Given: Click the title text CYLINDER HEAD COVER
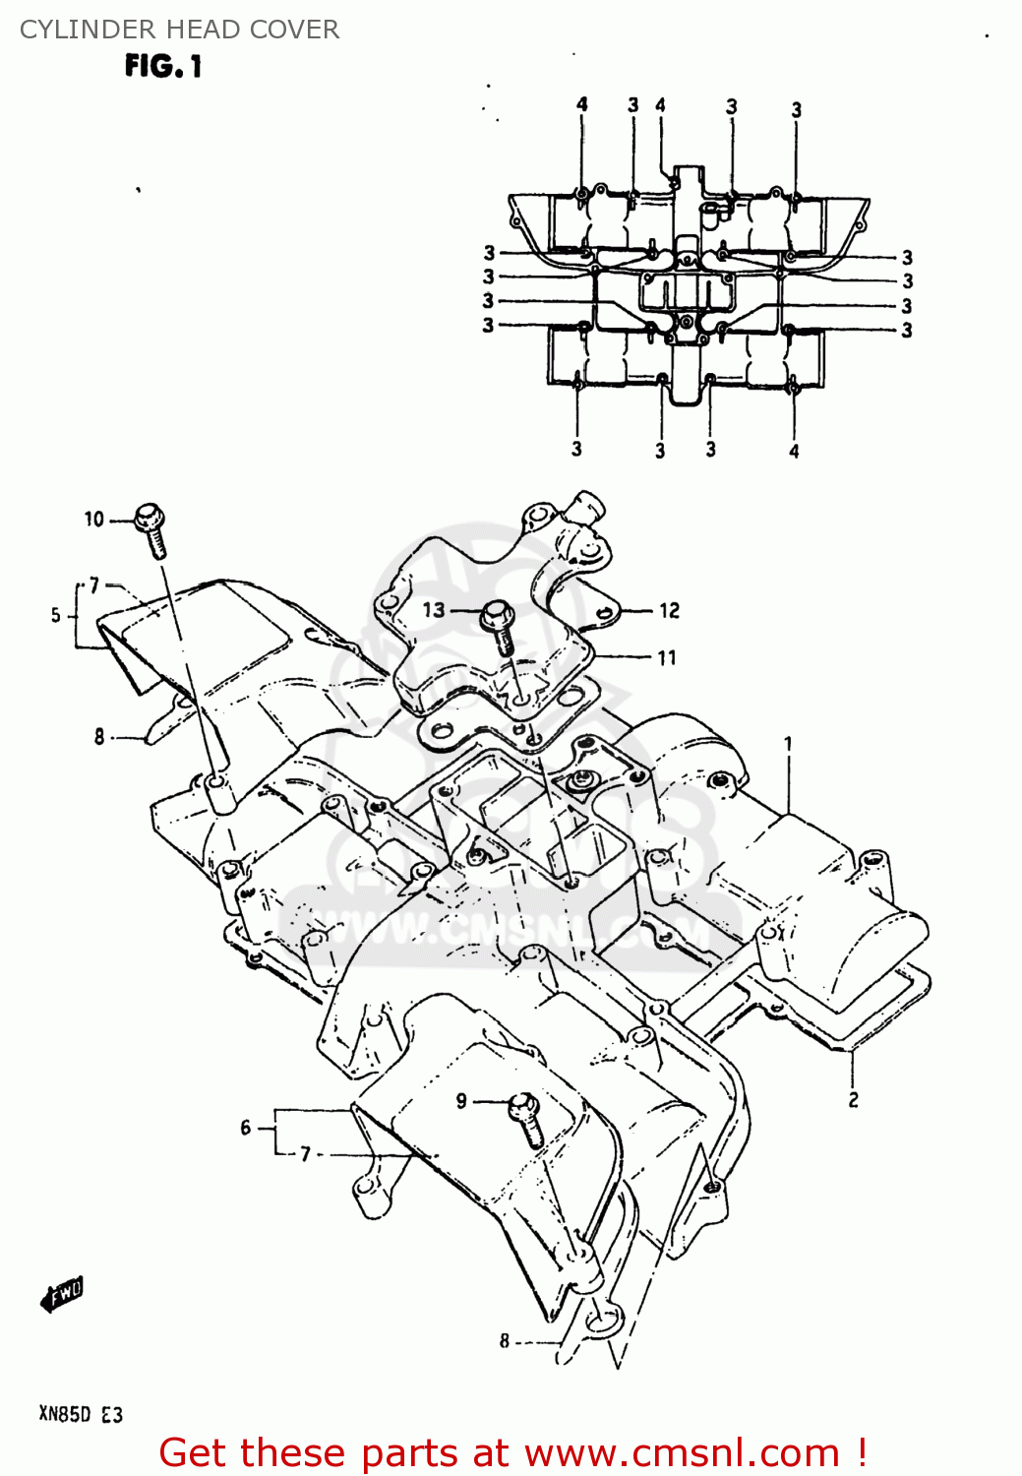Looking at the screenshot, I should coord(179,30).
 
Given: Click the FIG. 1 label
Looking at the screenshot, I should coord(163,66).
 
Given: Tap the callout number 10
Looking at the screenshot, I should coord(93,519).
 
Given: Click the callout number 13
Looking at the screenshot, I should coord(434,610).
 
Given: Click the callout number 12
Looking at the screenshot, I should coord(670,611).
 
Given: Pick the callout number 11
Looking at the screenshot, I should coord(667,657).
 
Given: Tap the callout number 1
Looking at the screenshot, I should coord(788,744).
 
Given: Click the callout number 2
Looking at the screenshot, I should coord(853,1100).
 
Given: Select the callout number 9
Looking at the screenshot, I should coord(461,1101).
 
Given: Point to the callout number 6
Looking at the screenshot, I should coord(246,1128).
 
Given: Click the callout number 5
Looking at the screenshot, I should coord(56,615).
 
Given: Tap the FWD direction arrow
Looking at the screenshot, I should coord(63,1294).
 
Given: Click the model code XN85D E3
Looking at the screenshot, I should coord(81,1414).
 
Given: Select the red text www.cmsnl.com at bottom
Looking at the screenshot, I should coord(682,1453).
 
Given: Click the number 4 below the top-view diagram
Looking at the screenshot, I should coord(794,452).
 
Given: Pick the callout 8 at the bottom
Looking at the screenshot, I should coord(505,1340).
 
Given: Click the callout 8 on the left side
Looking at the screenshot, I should coord(99,736).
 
